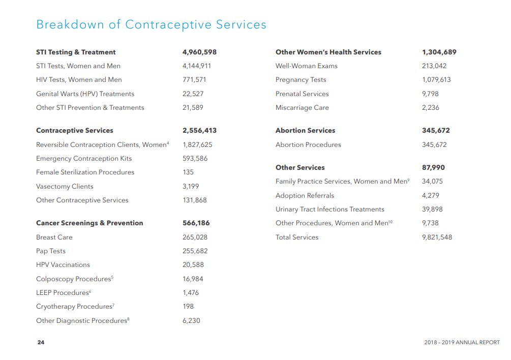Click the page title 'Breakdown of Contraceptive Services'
151,24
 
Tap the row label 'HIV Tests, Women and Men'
79,80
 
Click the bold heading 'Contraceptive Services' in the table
75,131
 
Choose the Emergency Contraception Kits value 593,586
196,159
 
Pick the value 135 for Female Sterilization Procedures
188,172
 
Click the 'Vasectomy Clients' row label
65,186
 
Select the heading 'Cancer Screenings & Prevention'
89,223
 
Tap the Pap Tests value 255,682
195,251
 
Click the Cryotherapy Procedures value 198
188,307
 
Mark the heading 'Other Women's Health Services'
328,52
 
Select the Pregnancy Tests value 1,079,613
436,80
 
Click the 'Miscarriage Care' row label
302,108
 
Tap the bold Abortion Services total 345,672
436,131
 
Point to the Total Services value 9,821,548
437,237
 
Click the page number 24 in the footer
41,342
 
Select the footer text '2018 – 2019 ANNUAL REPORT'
462,342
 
